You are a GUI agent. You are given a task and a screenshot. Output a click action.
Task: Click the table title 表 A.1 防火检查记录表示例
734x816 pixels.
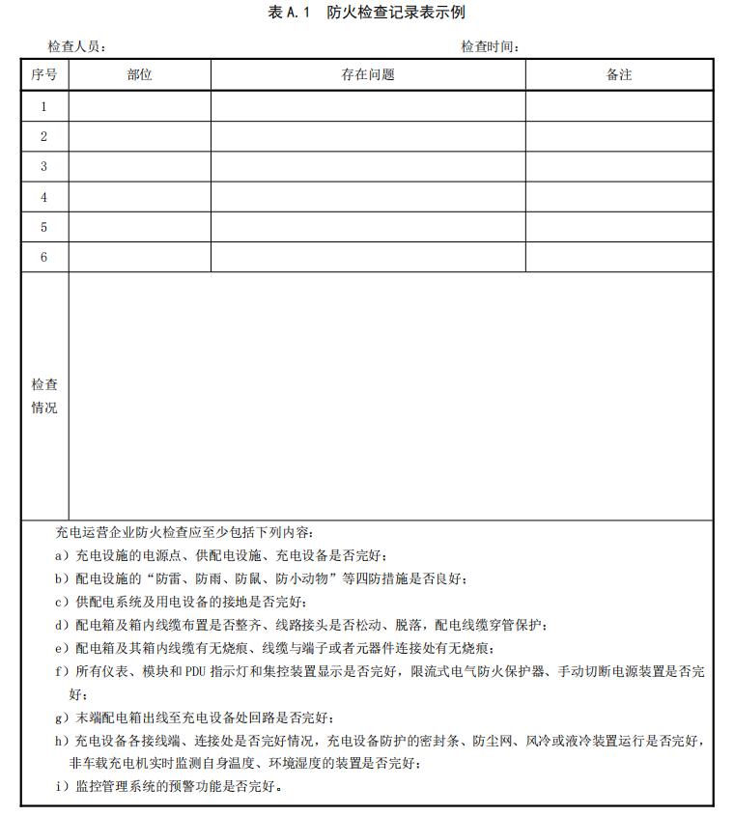(x=367, y=13)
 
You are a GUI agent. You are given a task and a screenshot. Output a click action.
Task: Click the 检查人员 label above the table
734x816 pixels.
(x=76, y=46)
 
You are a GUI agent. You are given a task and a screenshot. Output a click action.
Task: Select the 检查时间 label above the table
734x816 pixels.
(x=490, y=46)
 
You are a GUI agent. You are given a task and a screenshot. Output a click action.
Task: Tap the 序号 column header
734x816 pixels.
(x=44, y=75)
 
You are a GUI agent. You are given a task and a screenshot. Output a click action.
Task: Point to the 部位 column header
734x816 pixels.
(x=139, y=75)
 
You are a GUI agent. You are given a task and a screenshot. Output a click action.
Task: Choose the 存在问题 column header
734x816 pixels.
(x=368, y=75)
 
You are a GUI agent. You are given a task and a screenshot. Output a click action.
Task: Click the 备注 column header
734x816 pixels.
(x=619, y=75)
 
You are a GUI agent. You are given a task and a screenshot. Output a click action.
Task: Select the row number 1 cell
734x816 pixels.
(x=44, y=106)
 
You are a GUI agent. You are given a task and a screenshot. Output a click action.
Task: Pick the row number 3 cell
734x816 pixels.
(x=44, y=167)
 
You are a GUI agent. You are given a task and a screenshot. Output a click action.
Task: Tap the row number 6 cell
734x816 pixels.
(x=44, y=257)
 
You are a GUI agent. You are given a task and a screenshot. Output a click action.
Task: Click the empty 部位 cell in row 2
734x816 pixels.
(x=139, y=136)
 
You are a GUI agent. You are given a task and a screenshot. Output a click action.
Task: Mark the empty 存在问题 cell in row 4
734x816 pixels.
(x=368, y=197)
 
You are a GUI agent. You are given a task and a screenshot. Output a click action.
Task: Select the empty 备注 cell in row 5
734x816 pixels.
(x=619, y=227)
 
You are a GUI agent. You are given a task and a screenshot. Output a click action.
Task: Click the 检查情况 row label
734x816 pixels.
(x=44, y=396)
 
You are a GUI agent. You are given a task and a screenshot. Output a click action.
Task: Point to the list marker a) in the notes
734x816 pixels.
(x=62, y=555)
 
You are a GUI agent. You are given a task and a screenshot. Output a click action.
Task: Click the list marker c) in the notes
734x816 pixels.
(x=62, y=602)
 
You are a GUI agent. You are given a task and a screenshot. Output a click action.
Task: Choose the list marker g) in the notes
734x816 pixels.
(x=62, y=718)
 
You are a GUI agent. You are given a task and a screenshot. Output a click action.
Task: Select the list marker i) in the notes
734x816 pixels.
(x=62, y=786)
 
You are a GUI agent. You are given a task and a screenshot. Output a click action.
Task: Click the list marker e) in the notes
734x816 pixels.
(x=62, y=648)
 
